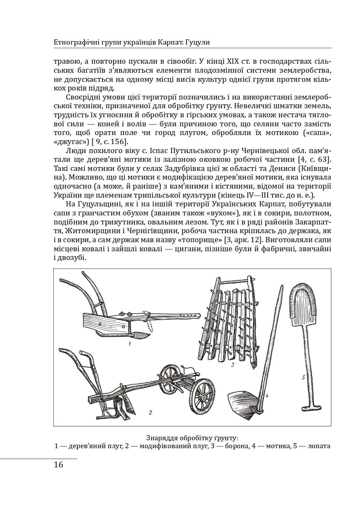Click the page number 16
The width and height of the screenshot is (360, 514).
point(59,465)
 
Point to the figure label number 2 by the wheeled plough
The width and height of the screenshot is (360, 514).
point(150,413)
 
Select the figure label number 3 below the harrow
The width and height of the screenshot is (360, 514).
point(232,365)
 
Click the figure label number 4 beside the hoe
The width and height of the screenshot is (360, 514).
point(266,396)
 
